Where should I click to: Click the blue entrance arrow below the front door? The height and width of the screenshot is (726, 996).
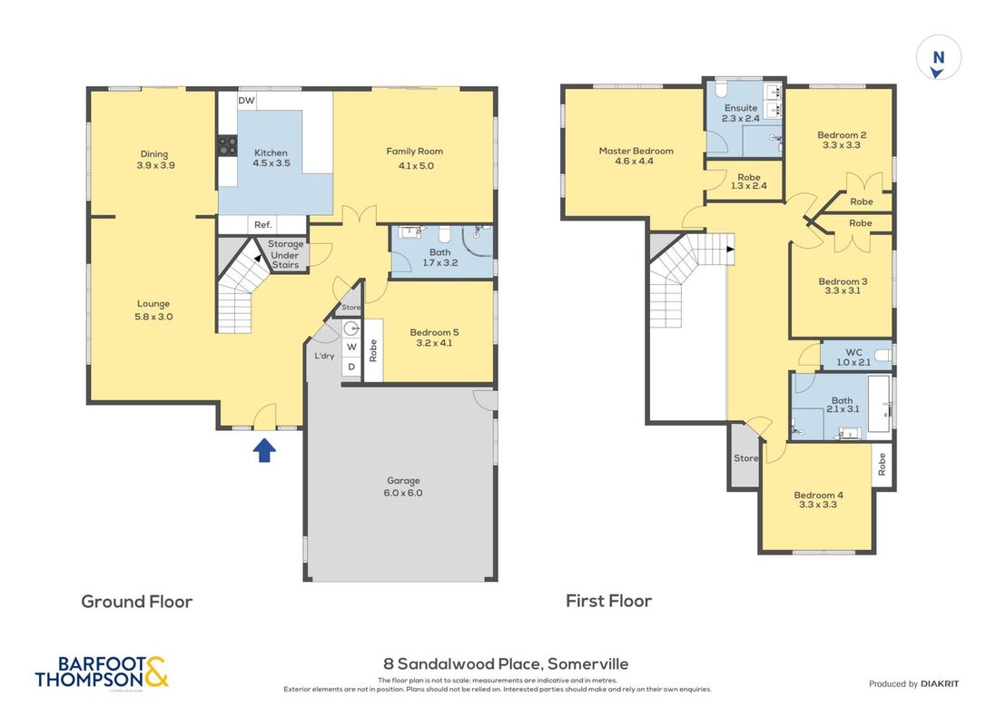point(264,450)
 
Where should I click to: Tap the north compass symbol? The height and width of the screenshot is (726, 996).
point(938,58)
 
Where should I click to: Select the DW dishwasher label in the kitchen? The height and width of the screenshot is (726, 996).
point(246,101)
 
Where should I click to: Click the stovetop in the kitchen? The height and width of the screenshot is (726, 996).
point(227,146)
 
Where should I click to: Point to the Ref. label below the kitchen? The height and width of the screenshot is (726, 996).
point(263,225)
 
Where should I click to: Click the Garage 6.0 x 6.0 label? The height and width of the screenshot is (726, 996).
point(403,486)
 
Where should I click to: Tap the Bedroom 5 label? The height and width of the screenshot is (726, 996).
point(434,338)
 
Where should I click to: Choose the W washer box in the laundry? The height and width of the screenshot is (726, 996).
point(351,347)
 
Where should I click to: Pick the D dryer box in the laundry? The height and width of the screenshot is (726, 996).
point(351,367)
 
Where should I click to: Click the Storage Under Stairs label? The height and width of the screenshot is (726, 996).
point(285,254)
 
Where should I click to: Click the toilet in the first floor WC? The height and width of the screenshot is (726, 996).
point(883,355)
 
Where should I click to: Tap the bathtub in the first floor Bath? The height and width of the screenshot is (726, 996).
point(879,404)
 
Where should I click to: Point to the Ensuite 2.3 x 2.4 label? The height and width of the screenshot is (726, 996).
point(741,113)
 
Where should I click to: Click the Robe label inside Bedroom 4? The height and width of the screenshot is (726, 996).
point(881,465)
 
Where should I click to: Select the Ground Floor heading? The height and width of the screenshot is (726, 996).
point(136,602)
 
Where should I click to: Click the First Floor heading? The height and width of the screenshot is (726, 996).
point(608,601)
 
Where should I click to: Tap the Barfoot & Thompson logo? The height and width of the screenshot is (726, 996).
point(102,672)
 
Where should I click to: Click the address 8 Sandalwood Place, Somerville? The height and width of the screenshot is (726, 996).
point(506,663)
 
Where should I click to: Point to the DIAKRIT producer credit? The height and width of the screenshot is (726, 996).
point(940,683)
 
